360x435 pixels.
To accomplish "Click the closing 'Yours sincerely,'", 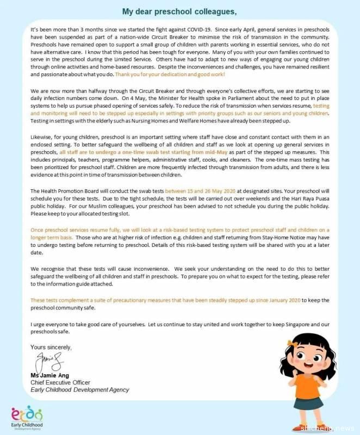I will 51,346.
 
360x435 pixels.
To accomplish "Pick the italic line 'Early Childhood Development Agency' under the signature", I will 80,390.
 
